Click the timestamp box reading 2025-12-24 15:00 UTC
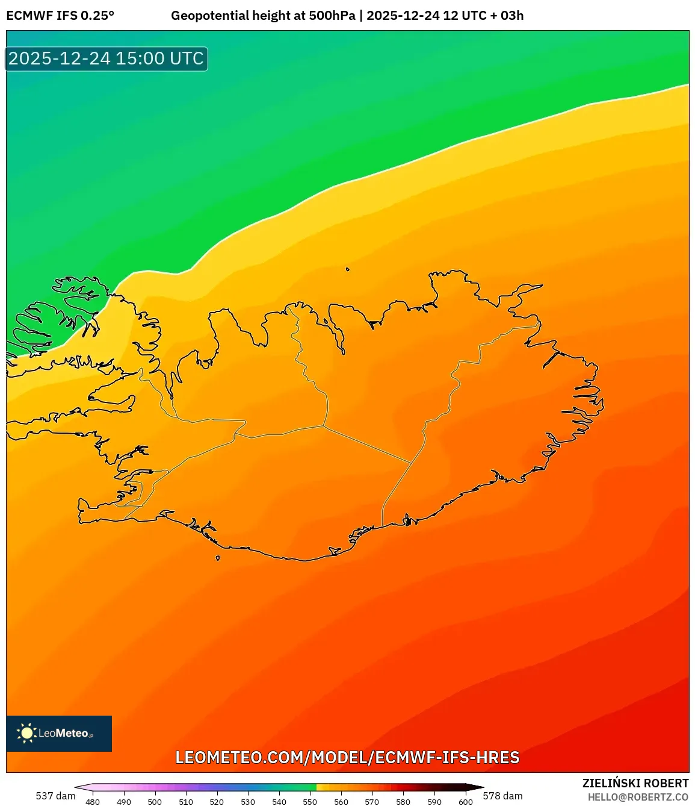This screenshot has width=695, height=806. pyautogui.click(x=107, y=59)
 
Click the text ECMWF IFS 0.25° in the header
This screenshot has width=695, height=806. pyautogui.click(x=60, y=16)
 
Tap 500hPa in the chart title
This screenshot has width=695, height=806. pyautogui.click(x=332, y=16)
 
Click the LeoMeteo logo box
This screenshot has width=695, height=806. pyautogui.click(x=59, y=733)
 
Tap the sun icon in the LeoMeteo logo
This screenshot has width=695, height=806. pyautogui.click(x=26, y=733)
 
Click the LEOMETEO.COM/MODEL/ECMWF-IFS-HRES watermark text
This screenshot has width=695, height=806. pyautogui.click(x=347, y=757)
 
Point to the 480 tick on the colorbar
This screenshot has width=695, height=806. pyautogui.click(x=93, y=802)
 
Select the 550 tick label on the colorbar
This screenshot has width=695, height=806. pyautogui.click(x=310, y=802)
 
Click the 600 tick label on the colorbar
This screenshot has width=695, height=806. pyautogui.click(x=465, y=802)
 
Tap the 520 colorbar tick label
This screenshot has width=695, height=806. pyautogui.click(x=217, y=802)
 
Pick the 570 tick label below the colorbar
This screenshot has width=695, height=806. pyautogui.click(x=372, y=802)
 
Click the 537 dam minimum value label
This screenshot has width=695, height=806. pyautogui.click(x=55, y=796)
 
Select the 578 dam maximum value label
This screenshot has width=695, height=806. pyautogui.click(x=502, y=796)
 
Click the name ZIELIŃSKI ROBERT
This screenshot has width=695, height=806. pyautogui.click(x=635, y=783)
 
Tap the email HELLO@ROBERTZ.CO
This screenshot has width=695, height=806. pyautogui.click(x=638, y=797)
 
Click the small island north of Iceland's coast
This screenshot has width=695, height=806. pyautogui.click(x=348, y=270)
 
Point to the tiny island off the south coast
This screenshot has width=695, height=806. pyautogui.click(x=218, y=558)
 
